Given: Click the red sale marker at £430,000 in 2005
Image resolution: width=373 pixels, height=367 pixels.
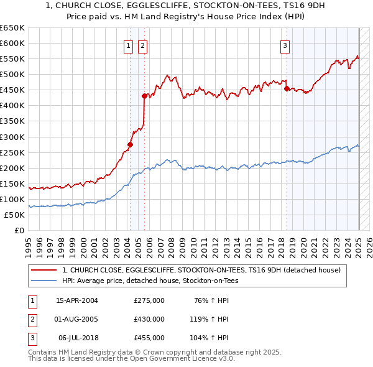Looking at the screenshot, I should (144, 96).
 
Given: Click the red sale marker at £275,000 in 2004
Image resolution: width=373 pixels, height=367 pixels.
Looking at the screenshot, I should (130, 144).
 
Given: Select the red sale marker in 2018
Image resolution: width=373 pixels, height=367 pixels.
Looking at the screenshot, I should (287, 88).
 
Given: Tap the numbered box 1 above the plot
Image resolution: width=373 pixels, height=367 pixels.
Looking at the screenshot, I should (127, 45).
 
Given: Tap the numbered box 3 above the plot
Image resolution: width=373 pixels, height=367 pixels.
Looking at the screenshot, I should (285, 45).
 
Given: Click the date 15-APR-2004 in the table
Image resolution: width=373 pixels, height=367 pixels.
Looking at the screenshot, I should (77, 300).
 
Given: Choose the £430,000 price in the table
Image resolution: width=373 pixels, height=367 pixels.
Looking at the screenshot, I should (149, 319).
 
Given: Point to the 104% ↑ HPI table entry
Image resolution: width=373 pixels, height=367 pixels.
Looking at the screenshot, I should (210, 338).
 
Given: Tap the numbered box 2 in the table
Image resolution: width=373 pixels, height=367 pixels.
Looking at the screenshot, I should (31, 319).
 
